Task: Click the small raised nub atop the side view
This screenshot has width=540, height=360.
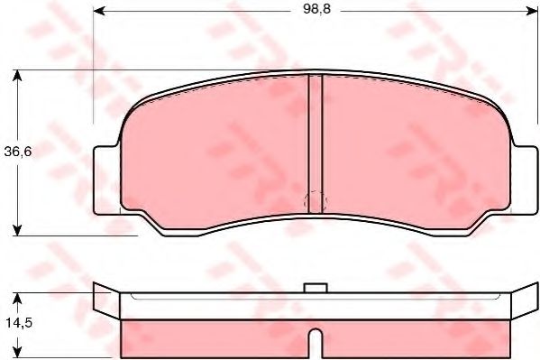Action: pyautogui.click(x=315, y=289)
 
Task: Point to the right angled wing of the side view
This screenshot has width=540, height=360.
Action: pyautogui.click(x=520, y=303)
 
